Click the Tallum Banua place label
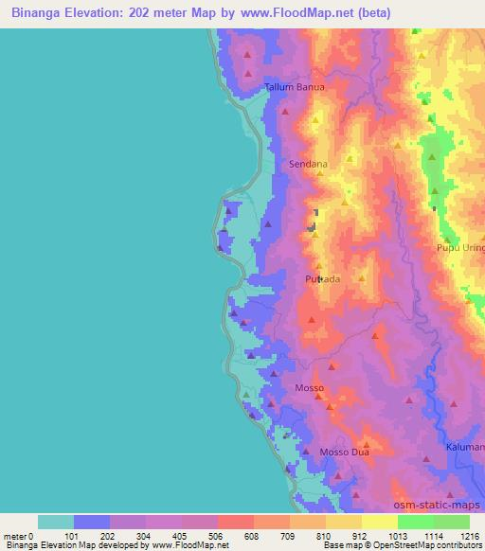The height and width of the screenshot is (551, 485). point(294,87)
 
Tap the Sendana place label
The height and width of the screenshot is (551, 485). point(308,164)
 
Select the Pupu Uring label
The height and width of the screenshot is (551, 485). point(459,248)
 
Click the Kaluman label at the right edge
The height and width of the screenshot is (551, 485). point(465,445)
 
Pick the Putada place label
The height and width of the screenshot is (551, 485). point(322,279)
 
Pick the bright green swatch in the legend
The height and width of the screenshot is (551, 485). point(415,522)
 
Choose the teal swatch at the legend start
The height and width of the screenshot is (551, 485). point(56,522)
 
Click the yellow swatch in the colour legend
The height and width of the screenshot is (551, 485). point(379,522)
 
